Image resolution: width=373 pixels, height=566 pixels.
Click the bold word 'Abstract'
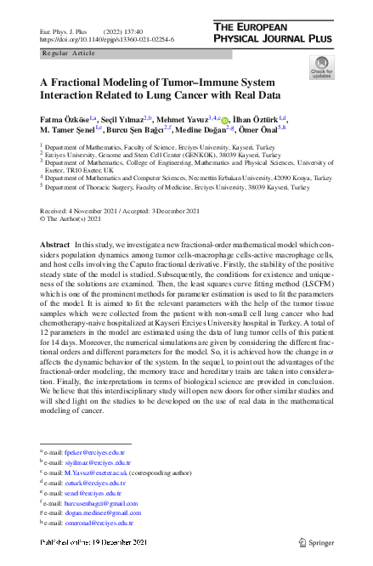[56, 245]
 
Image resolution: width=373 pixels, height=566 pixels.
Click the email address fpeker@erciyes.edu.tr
[88, 453]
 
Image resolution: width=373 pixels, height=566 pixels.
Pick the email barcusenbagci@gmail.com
[94, 503]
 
